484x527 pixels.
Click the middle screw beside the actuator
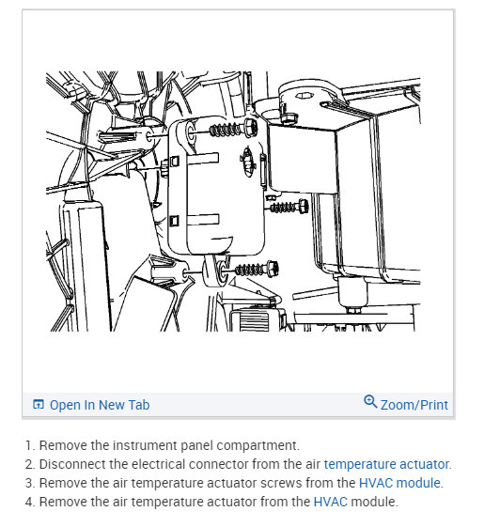287,206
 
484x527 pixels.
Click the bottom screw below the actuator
250,270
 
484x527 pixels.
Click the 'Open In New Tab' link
99,405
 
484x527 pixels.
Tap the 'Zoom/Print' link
414,405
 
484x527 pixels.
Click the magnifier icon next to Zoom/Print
370,403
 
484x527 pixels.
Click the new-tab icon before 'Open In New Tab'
39,405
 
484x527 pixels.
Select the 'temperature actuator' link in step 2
386,464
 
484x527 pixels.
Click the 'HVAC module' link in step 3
399,483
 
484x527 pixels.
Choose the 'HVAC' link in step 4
331,502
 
